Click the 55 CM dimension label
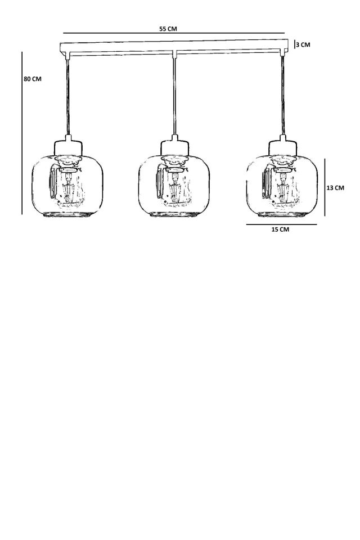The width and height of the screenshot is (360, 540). click(x=168, y=29)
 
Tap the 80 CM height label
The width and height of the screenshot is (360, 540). click(x=33, y=79)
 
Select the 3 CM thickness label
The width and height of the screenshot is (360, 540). click(x=303, y=44)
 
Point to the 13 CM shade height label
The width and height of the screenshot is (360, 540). click(x=335, y=188)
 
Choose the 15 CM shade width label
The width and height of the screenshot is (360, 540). click(x=280, y=229)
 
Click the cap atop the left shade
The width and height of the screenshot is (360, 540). click(x=68, y=147)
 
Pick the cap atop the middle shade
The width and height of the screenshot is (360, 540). click(x=175, y=147)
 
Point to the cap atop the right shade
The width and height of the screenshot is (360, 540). click(x=283, y=147)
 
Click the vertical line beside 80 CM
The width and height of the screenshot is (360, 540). click(x=22, y=133)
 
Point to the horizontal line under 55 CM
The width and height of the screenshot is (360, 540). click(x=174, y=33)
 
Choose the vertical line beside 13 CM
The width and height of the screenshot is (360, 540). click(x=325, y=187)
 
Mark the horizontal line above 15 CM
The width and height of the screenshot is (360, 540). click(x=281, y=224)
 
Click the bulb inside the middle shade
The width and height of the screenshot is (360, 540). click(x=175, y=190)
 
